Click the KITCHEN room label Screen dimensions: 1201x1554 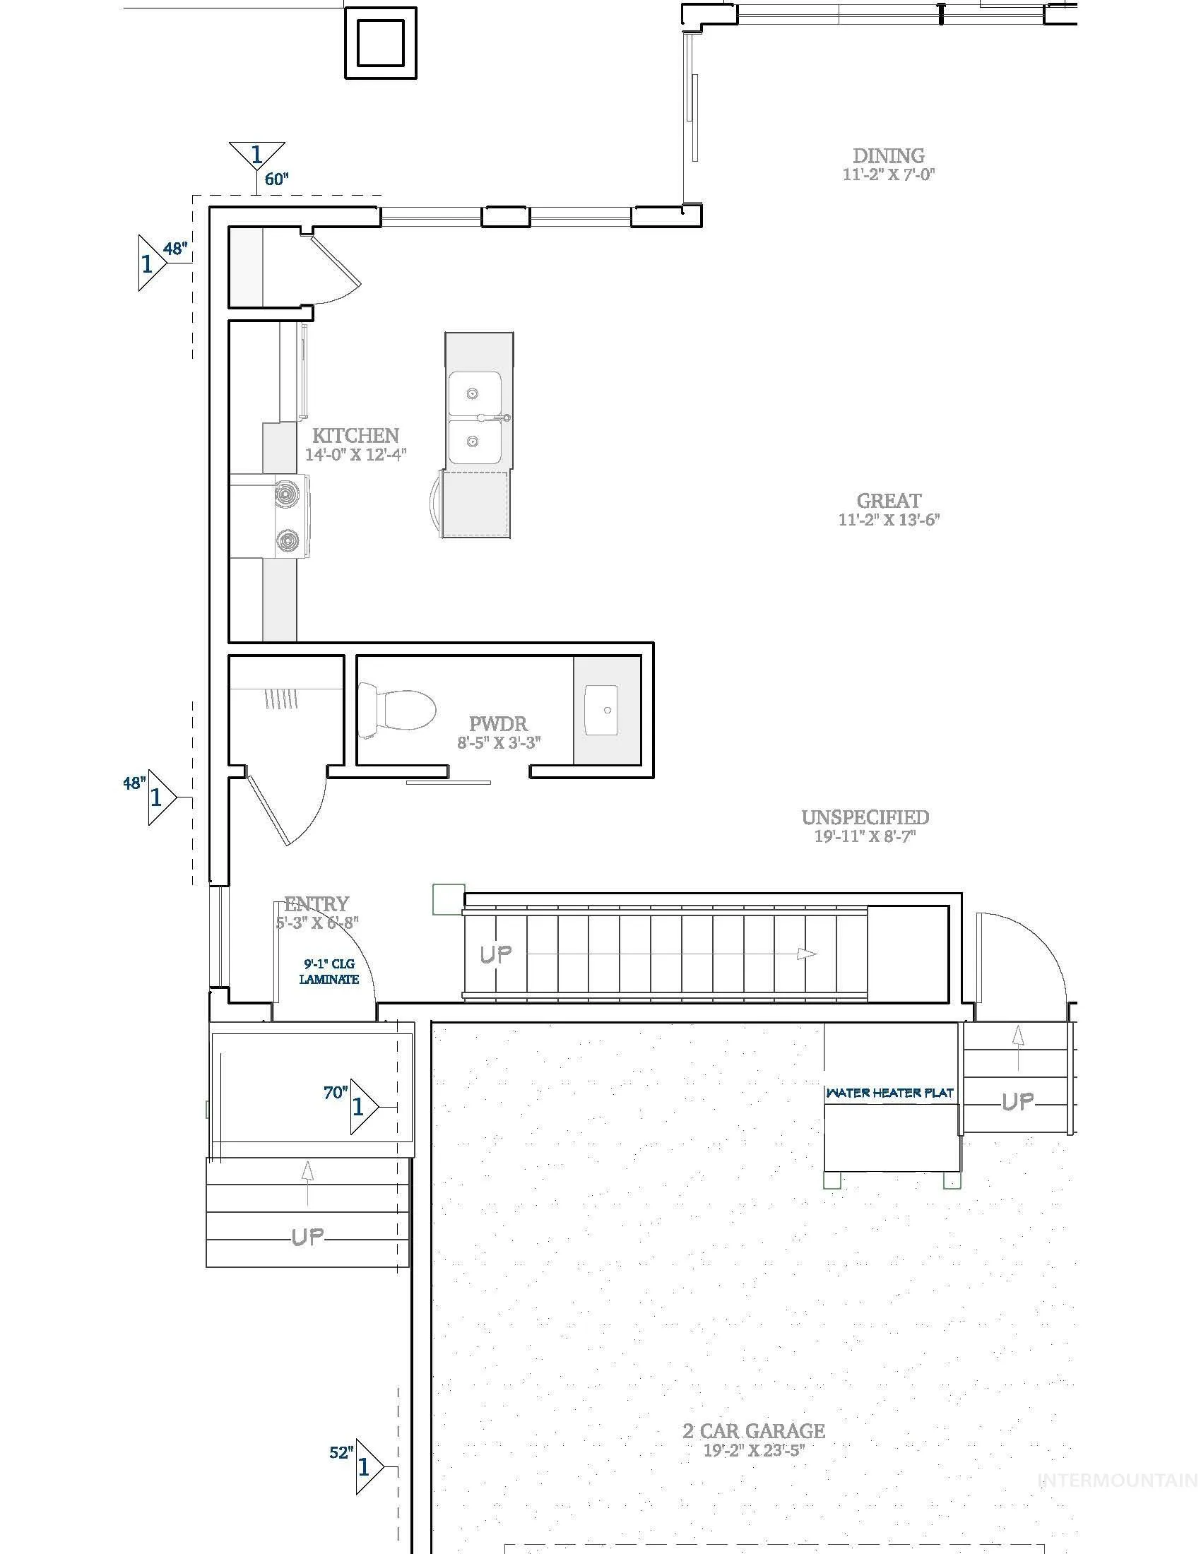[x=356, y=434]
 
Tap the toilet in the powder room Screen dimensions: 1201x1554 [x=396, y=709]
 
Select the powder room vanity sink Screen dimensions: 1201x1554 [x=601, y=710]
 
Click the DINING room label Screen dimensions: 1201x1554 [x=889, y=155]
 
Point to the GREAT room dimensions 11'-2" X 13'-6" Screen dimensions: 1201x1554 [x=889, y=519]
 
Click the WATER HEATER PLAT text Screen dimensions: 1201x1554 [x=889, y=1092]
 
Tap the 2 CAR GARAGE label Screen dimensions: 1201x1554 [x=754, y=1430]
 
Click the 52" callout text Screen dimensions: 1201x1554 [x=341, y=1452]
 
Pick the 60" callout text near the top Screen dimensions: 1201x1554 [x=277, y=179]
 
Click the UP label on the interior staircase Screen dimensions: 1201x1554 [x=496, y=954]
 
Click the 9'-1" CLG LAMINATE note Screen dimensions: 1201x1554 [x=329, y=972]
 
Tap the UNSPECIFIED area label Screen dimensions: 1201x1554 [x=865, y=817]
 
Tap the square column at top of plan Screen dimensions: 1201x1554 [x=381, y=42]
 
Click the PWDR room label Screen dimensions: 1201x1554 [x=499, y=724]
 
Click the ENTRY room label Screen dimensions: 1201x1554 [x=316, y=903]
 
